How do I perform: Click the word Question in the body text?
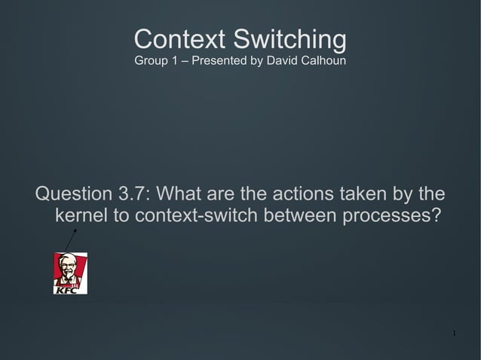[76, 194]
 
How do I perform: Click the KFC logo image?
[70, 273]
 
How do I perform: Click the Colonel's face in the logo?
[69, 267]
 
